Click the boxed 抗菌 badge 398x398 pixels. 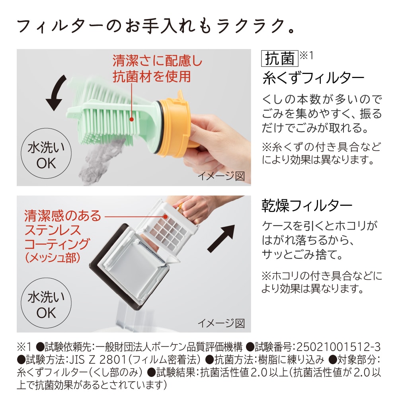click(280, 59)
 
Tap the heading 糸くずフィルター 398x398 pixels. click(313, 78)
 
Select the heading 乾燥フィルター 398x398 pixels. click(307, 206)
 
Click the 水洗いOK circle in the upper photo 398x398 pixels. click(46, 153)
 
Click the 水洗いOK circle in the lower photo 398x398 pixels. click(46, 303)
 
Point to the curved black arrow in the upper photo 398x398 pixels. click(57, 93)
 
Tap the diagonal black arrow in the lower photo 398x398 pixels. click(221, 238)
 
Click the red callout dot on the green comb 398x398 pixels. click(131, 119)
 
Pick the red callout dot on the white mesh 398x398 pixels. click(166, 217)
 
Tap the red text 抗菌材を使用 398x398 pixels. click(152, 76)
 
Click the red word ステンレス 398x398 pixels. click(53, 230)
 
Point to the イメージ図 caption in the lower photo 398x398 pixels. click(221, 323)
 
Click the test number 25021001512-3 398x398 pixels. click(338, 347)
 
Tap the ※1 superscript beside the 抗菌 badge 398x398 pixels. click(306, 55)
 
